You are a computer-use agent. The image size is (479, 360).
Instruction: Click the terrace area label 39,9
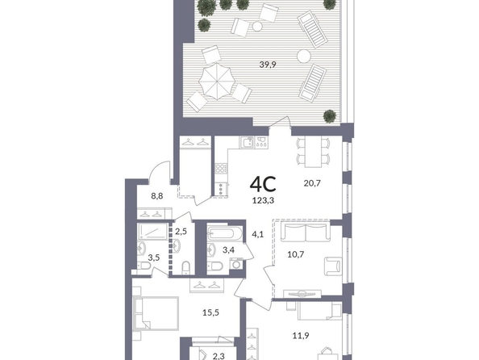pyautogui.click(x=268, y=65)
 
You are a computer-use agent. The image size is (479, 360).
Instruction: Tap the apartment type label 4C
pyautogui.click(x=263, y=184)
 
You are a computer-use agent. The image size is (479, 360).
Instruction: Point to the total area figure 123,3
pyautogui.click(x=263, y=201)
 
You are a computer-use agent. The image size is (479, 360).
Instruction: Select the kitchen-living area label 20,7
pyautogui.click(x=312, y=183)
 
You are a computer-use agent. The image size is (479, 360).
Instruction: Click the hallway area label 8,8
pyautogui.click(x=157, y=196)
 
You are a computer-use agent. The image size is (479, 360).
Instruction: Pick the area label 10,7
pyautogui.click(x=296, y=254)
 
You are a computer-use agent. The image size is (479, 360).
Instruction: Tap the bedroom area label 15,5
pyautogui.click(x=210, y=312)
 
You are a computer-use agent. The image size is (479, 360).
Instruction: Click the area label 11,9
pyautogui.click(x=301, y=336)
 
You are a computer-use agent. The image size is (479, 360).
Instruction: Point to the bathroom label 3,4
pyautogui.click(x=228, y=250)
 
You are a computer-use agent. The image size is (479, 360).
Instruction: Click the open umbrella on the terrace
pyautogui.click(x=217, y=81)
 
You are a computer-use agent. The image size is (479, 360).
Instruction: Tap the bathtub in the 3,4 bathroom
pyautogui.click(x=225, y=234)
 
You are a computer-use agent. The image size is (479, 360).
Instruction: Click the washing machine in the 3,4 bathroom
pyautogui.click(x=236, y=264)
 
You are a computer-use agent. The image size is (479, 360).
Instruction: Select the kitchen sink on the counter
pyautogui.click(x=247, y=143)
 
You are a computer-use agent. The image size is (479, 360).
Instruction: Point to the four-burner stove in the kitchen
pyautogui.click(x=221, y=168)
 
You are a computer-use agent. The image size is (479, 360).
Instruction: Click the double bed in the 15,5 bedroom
pyautogui.click(x=156, y=313)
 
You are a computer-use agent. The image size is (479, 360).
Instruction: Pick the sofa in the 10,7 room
pyautogui.click(x=306, y=232)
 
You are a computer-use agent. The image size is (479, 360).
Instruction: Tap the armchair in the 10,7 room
pyautogui.click(x=333, y=266)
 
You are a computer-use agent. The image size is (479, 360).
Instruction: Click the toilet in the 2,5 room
pyautogui.click(x=185, y=268)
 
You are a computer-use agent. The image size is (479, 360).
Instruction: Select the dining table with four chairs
pyautogui.click(x=313, y=152)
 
